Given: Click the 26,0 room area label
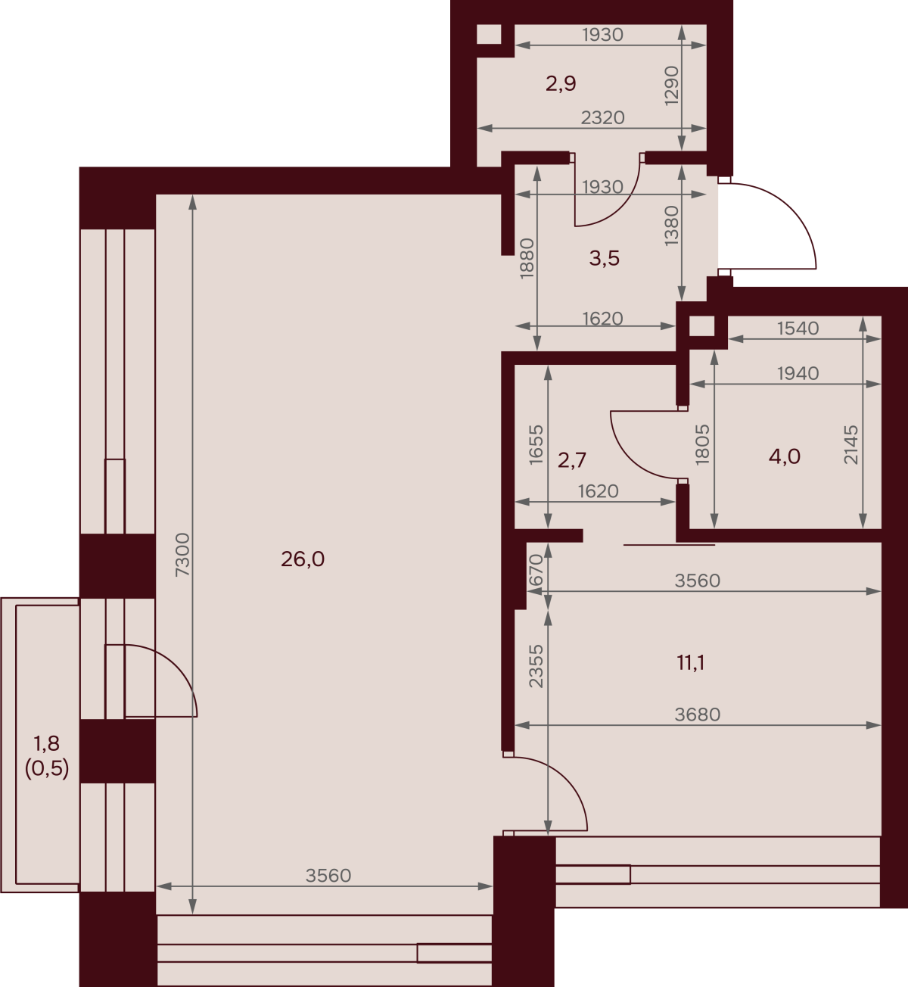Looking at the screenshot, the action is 303,559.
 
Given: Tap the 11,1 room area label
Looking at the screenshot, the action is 691,663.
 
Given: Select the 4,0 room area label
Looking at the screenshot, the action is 785,457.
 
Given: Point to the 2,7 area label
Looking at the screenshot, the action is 572,460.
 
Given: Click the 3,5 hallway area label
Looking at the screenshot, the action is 604,258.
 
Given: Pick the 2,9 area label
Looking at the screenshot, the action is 561,84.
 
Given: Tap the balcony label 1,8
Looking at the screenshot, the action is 47,743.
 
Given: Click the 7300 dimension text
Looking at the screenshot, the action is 182,555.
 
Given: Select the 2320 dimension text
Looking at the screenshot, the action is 602,117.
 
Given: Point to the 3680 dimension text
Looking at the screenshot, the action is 697,715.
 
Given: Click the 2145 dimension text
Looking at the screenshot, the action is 851,445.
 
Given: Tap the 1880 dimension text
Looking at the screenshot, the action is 527,258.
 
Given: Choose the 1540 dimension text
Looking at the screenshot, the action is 798,328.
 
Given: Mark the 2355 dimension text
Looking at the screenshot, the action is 536,666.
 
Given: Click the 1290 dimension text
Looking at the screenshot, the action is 671,86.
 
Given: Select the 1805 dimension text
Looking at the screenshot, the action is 702,444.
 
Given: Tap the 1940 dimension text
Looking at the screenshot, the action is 798,373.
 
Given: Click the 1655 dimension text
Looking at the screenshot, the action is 536,445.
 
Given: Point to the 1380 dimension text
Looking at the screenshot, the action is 671,226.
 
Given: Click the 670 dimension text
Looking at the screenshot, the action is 536,570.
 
